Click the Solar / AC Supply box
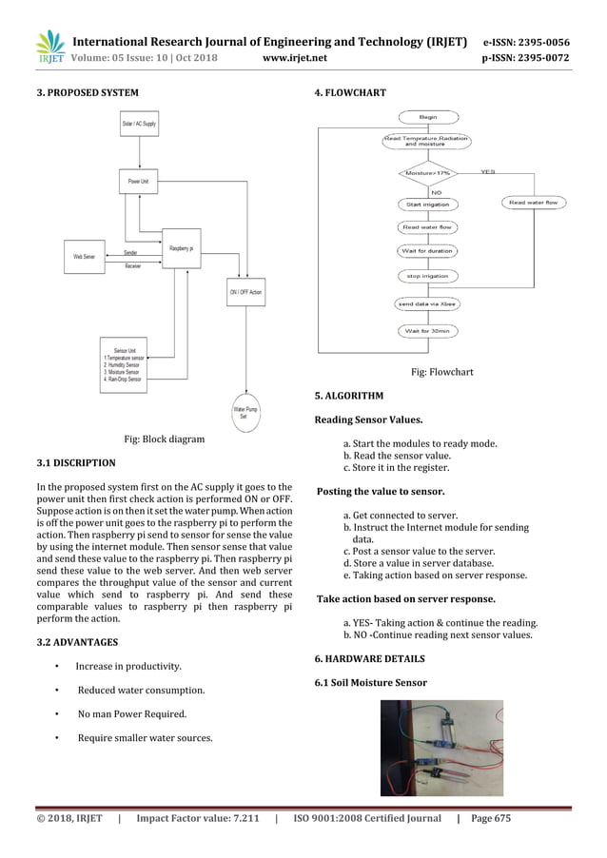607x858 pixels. pyautogui.click(x=140, y=125)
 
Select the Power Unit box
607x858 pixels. pyautogui.click(x=139, y=181)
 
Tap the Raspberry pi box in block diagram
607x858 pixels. pyautogui.click(x=183, y=248)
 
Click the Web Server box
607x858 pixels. pyautogui.click(x=84, y=256)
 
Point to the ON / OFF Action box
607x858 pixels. pyautogui.click(x=245, y=291)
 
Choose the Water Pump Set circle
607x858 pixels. pyautogui.click(x=244, y=412)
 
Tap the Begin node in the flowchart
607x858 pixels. pyautogui.click(x=428, y=116)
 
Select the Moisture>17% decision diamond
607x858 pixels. pyautogui.click(x=428, y=173)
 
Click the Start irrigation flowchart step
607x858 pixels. pyautogui.click(x=428, y=204)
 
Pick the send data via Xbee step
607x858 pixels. pyautogui.click(x=428, y=303)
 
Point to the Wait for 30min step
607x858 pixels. pyautogui.click(x=428, y=331)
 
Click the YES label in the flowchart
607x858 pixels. pyautogui.click(x=488, y=171)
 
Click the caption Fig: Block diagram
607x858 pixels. pyautogui.click(x=165, y=439)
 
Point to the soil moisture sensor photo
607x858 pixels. pyautogui.click(x=441, y=748)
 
